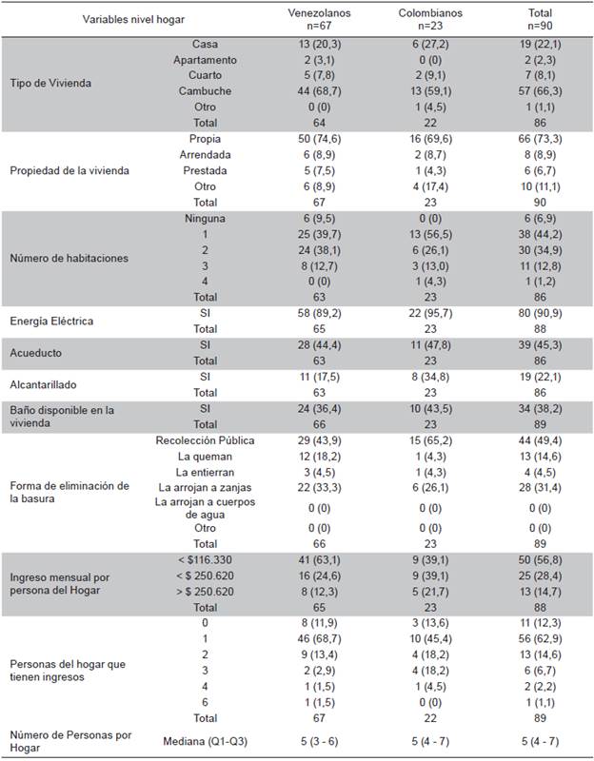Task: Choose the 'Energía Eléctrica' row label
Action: pos(52,321)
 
